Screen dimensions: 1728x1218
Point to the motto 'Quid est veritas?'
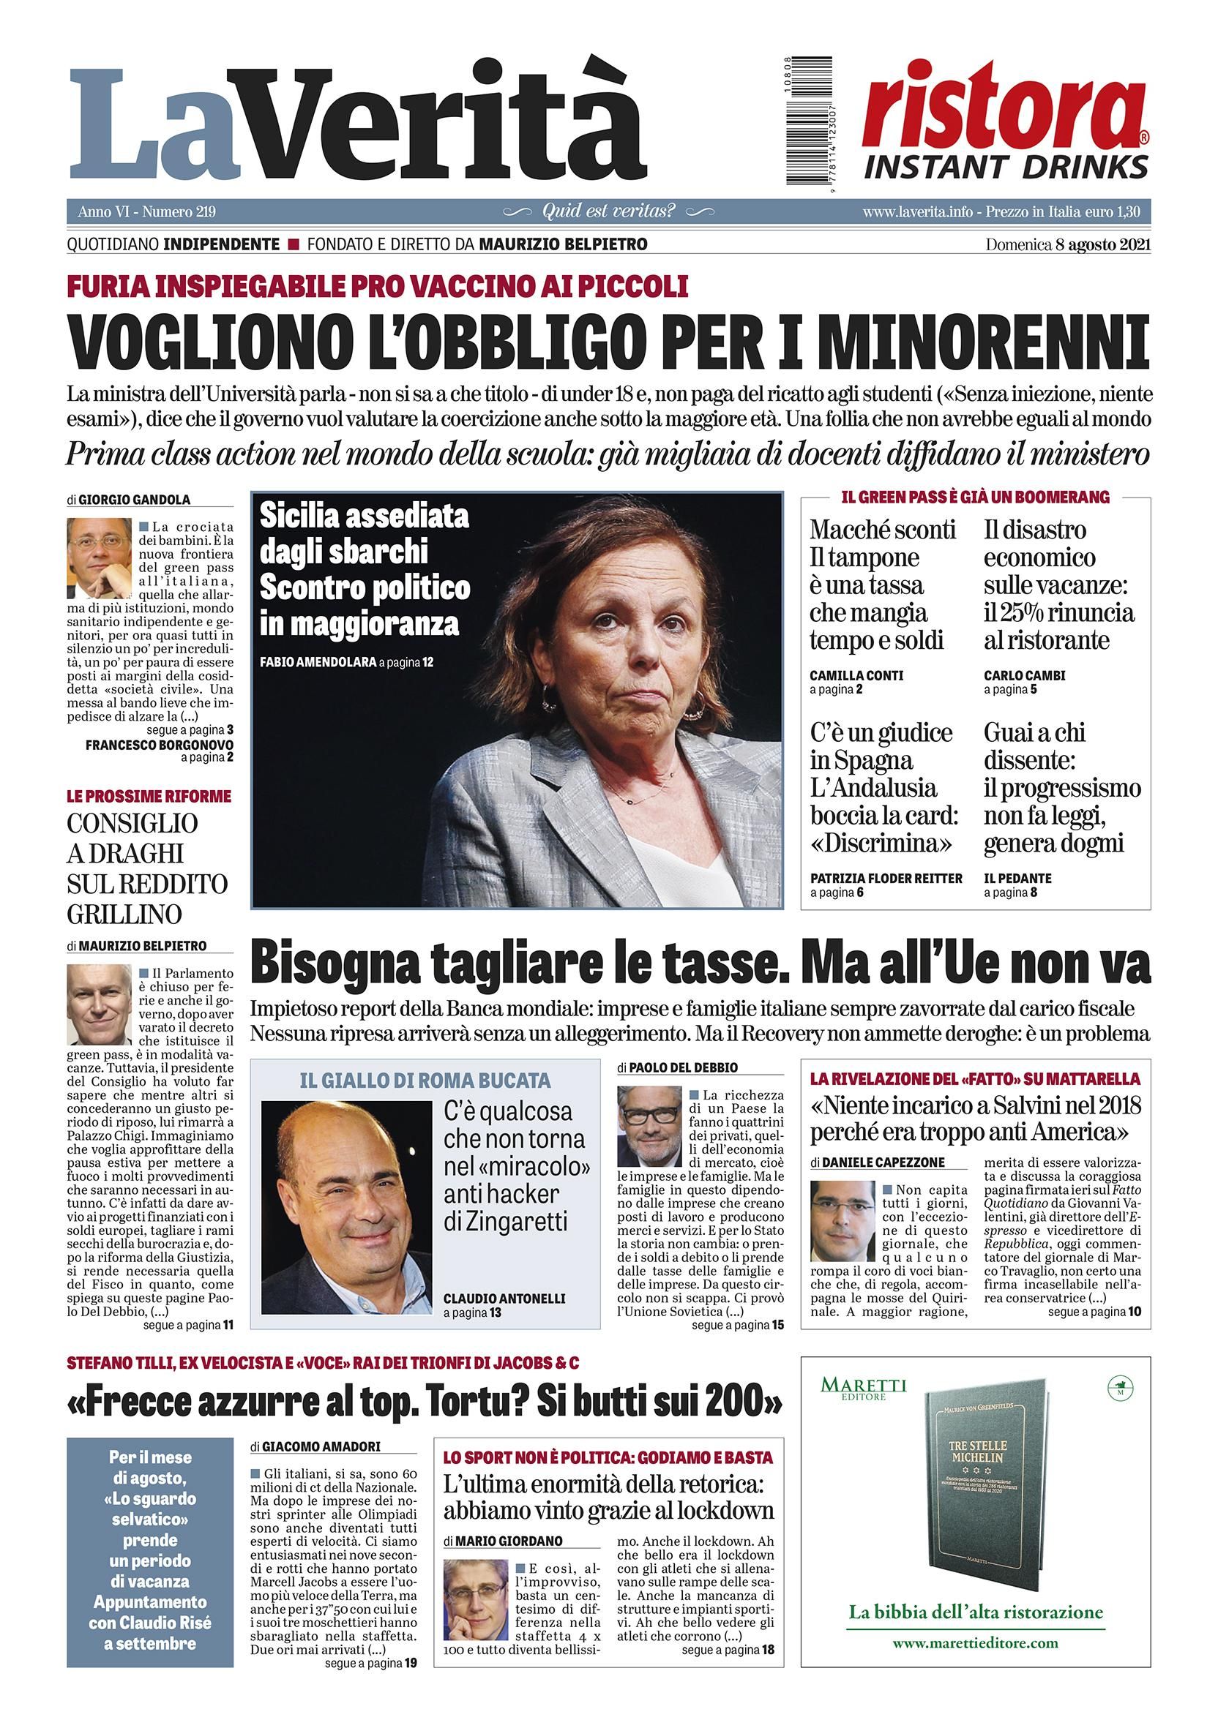[608, 211]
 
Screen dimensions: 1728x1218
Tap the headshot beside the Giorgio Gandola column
[100, 557]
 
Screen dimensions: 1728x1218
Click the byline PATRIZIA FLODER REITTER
[886, 879]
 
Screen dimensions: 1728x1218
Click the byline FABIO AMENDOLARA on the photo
[317, 663]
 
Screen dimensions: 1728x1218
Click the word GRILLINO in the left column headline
[124, 914]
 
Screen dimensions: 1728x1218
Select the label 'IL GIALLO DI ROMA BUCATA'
[425, 1081]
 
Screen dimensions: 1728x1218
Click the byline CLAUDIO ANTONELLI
[504, 1299]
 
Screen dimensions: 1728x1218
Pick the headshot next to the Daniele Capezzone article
[842, 1221]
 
